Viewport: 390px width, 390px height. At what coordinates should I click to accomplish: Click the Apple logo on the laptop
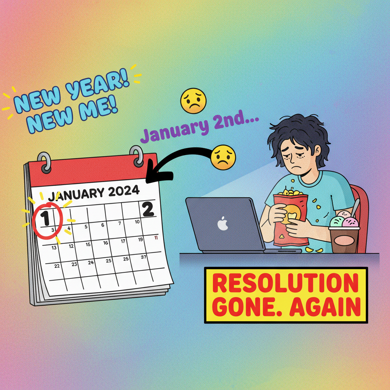tap(223, 224)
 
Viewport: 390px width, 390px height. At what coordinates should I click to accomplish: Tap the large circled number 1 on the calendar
tap(45, 218)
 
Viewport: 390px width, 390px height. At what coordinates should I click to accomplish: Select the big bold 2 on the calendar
tap(148, 209)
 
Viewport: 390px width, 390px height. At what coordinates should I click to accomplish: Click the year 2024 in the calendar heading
tap(124, 191)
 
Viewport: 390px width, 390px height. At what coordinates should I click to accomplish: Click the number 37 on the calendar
tap(144, 257)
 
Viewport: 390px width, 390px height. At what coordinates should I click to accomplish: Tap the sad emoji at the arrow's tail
tap(223, 157)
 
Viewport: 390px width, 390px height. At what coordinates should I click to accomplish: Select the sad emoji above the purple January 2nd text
tap(193, 101)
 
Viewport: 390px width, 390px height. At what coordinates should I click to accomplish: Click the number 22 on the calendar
tap(57, 266)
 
